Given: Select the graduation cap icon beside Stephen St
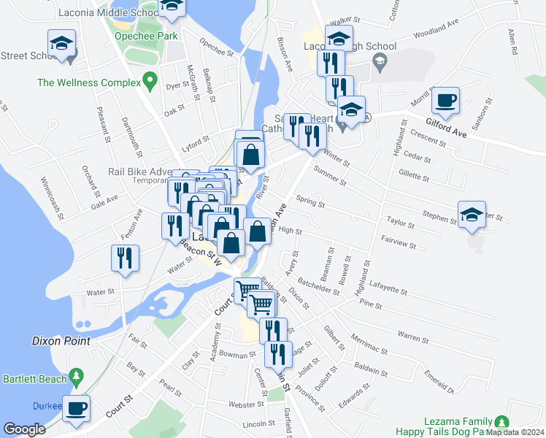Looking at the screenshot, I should click(472, 214).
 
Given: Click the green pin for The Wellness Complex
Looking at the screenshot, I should click(150, 80).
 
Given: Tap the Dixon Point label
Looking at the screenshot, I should click(61, 341).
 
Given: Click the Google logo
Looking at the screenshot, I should click(24, 429).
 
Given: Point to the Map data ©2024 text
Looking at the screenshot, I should click(514, 432).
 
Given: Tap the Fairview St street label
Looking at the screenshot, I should click(398, 242).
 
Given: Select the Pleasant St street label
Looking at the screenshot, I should click(102, 124).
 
